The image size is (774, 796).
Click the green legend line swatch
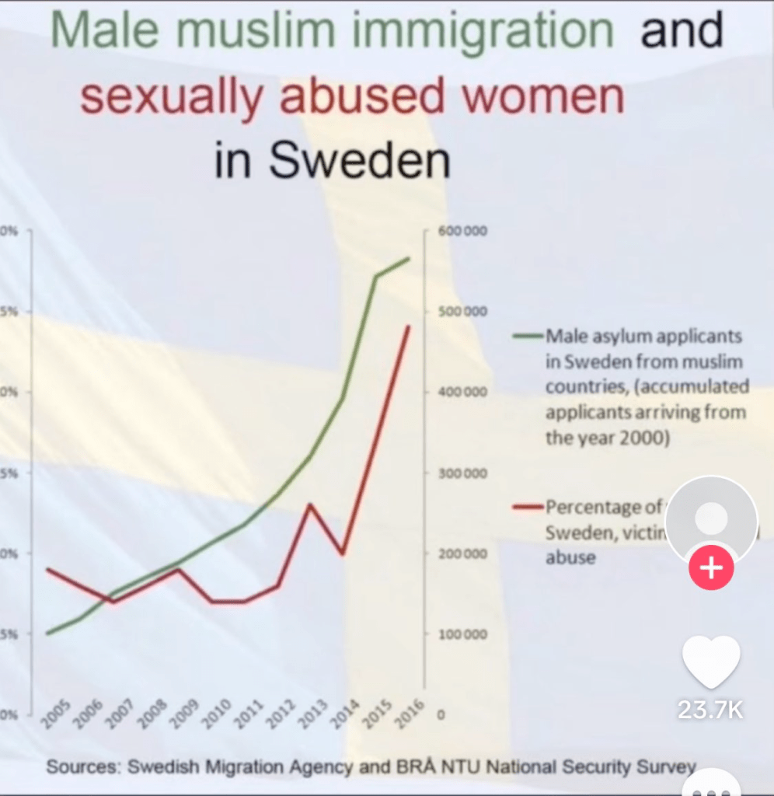point(528,337)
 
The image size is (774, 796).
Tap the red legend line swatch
point(528,508)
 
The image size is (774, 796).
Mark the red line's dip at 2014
point(342,553)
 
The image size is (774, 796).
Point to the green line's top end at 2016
point(409,258)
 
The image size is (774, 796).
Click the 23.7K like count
point(710,709)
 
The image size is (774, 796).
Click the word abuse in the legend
point(570,557)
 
